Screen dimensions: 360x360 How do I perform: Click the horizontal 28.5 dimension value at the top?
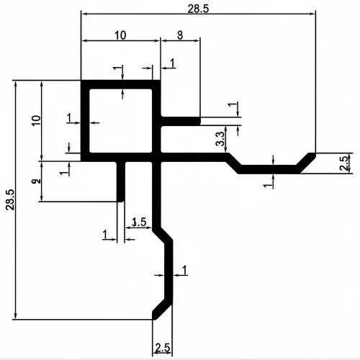[x=198, y=9]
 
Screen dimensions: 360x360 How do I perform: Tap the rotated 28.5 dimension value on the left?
[x=10, y=199]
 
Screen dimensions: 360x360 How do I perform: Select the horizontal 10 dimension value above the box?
[x=120, y=35]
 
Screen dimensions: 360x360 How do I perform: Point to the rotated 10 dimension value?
[x=37, y=120]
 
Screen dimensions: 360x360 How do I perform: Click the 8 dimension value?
[x=180, y=35]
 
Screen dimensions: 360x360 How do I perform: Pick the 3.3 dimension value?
[x=220, y=139]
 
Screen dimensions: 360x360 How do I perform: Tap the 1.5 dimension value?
[x=139, y=222]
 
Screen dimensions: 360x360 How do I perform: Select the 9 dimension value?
[x=36, y=181]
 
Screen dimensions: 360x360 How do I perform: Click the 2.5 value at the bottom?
[x=163, y=348]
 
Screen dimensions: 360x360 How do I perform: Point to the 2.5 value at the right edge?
[x=344, y=163]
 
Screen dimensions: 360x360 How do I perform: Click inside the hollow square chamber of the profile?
[x=121, y=120]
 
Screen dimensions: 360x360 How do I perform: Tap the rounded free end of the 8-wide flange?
[x=199, y=121]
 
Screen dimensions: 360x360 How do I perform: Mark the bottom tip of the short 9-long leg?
[x=121, y=201]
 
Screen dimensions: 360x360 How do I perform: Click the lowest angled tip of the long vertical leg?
[x=154, y=318]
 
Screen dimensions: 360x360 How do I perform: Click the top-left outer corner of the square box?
[x=81, y=80]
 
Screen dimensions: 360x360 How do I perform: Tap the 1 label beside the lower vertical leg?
[x=184, y=270]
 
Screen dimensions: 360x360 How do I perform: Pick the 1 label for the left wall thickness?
[x=69, y=118]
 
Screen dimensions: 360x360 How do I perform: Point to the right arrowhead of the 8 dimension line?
[x=197, y=41]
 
